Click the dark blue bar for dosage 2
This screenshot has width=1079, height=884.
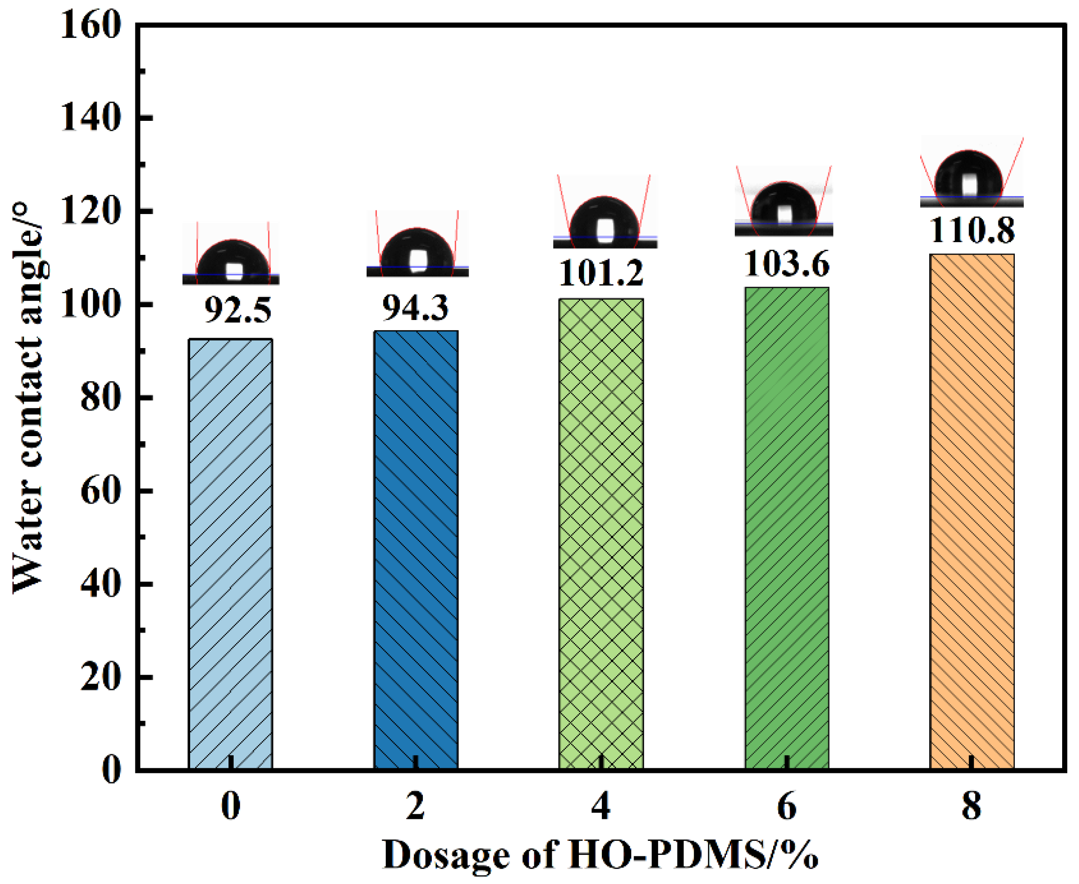pos(416,550)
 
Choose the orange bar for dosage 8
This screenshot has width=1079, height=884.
pos(972,512)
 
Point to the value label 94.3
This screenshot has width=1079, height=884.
pos(415,308)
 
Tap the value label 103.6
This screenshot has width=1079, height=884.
pos(787,264)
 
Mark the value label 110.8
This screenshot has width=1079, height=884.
pos(972,230)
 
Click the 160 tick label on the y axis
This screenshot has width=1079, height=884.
pos(90,25)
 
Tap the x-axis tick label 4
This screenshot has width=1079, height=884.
pos(601,807)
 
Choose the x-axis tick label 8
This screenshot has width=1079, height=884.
pos(972,807)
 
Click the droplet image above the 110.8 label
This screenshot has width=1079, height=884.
pos(971,173)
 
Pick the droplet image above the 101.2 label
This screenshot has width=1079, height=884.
pos(605,214)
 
